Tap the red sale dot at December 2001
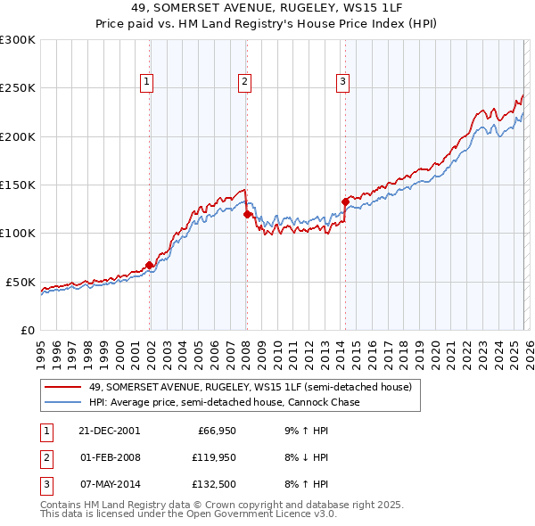click(150, 265)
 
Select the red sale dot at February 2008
click(247, 214)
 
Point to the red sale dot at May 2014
click(345, 201)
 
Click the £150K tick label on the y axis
click(18, 185)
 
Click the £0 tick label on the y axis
click(27, 330)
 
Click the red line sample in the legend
click(63, 388)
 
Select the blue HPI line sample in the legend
click(63, 402)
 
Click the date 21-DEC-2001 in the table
click(111, 431)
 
